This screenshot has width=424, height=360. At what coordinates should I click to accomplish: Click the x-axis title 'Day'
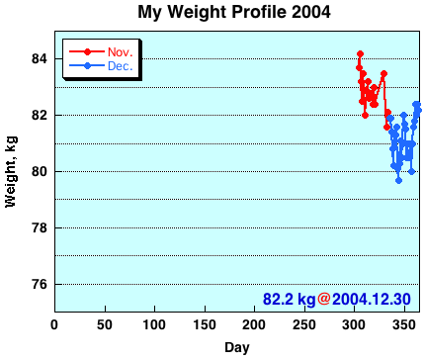(236, 347)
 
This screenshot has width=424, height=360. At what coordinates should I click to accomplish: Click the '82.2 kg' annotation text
(289, 299)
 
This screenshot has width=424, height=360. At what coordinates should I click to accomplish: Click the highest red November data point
(360, 53)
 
